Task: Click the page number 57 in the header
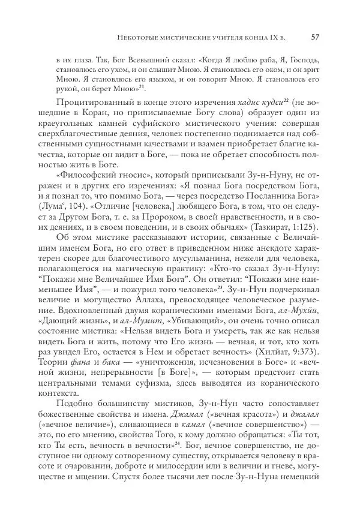(x=314, y=38)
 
